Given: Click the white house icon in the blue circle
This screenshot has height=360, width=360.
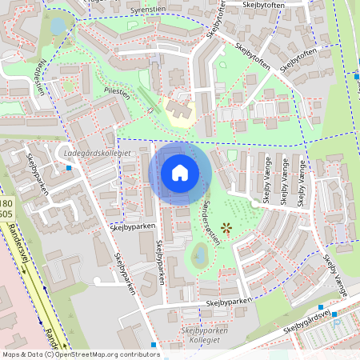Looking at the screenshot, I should (x=180, y=173).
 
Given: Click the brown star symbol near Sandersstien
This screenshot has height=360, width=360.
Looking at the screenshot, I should (x=226, y=229).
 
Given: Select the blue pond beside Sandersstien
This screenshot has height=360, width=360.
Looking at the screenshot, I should (x=198, y=255).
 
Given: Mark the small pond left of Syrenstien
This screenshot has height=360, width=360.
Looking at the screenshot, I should (x=58, y=26).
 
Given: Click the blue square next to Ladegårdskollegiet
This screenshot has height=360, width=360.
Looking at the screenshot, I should (x=70, y=168).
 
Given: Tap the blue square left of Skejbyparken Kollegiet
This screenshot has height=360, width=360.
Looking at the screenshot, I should (x=154, y=344).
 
